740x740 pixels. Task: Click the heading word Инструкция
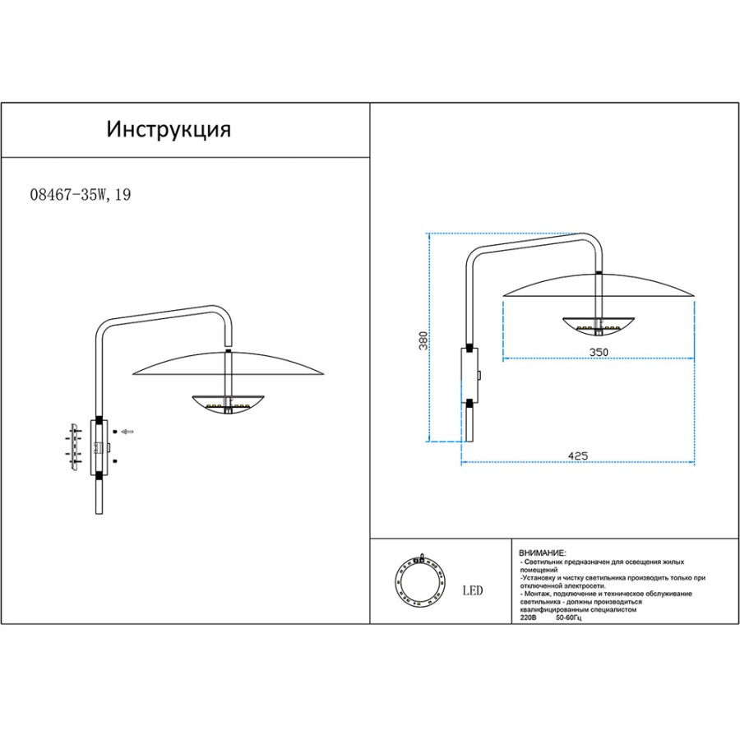[169, 129]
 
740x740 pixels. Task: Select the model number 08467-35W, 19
[81, 194]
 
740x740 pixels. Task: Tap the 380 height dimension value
[423, 340]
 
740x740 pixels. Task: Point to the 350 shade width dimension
[599, 352]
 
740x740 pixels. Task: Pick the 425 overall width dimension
[578, 456]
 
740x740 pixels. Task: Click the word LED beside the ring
[473, 590]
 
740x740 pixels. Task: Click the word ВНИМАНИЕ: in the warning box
[543, 553]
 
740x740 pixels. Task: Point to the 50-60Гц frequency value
[569, 617]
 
